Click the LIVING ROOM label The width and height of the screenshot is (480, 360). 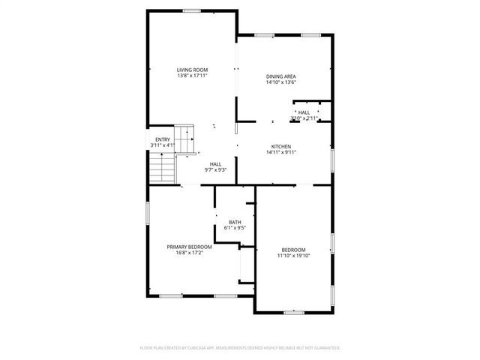tap(192, 70)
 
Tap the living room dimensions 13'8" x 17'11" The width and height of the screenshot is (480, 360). tap(192, 76)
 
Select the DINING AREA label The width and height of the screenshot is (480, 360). tap(281, 76)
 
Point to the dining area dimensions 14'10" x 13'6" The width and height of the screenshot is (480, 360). tap(281, 82)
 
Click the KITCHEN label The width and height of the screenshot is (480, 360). tap(281, 146)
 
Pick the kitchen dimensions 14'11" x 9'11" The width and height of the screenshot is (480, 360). tap(281, 152)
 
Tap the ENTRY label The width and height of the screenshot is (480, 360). tap(162, 139)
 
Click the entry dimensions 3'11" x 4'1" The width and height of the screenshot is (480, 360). tap(162, 145)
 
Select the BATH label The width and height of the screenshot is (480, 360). tap(235, 222)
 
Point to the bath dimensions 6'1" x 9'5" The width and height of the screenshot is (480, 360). tap(235, 228)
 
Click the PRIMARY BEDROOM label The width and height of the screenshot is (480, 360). tap(189, 247)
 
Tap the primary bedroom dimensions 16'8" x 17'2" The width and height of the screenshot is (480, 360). tap(189, 253)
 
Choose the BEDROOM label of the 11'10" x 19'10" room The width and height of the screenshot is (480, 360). tap(293, 250)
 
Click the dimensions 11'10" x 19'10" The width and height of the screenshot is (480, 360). tap(293, 256)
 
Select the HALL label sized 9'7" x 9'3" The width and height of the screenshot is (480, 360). tap(215, 164)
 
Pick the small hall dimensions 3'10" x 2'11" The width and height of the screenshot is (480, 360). tap(304, 118)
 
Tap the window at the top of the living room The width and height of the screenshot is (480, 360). tap(192, 10)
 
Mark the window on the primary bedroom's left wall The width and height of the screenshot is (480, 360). tap(147, 212)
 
